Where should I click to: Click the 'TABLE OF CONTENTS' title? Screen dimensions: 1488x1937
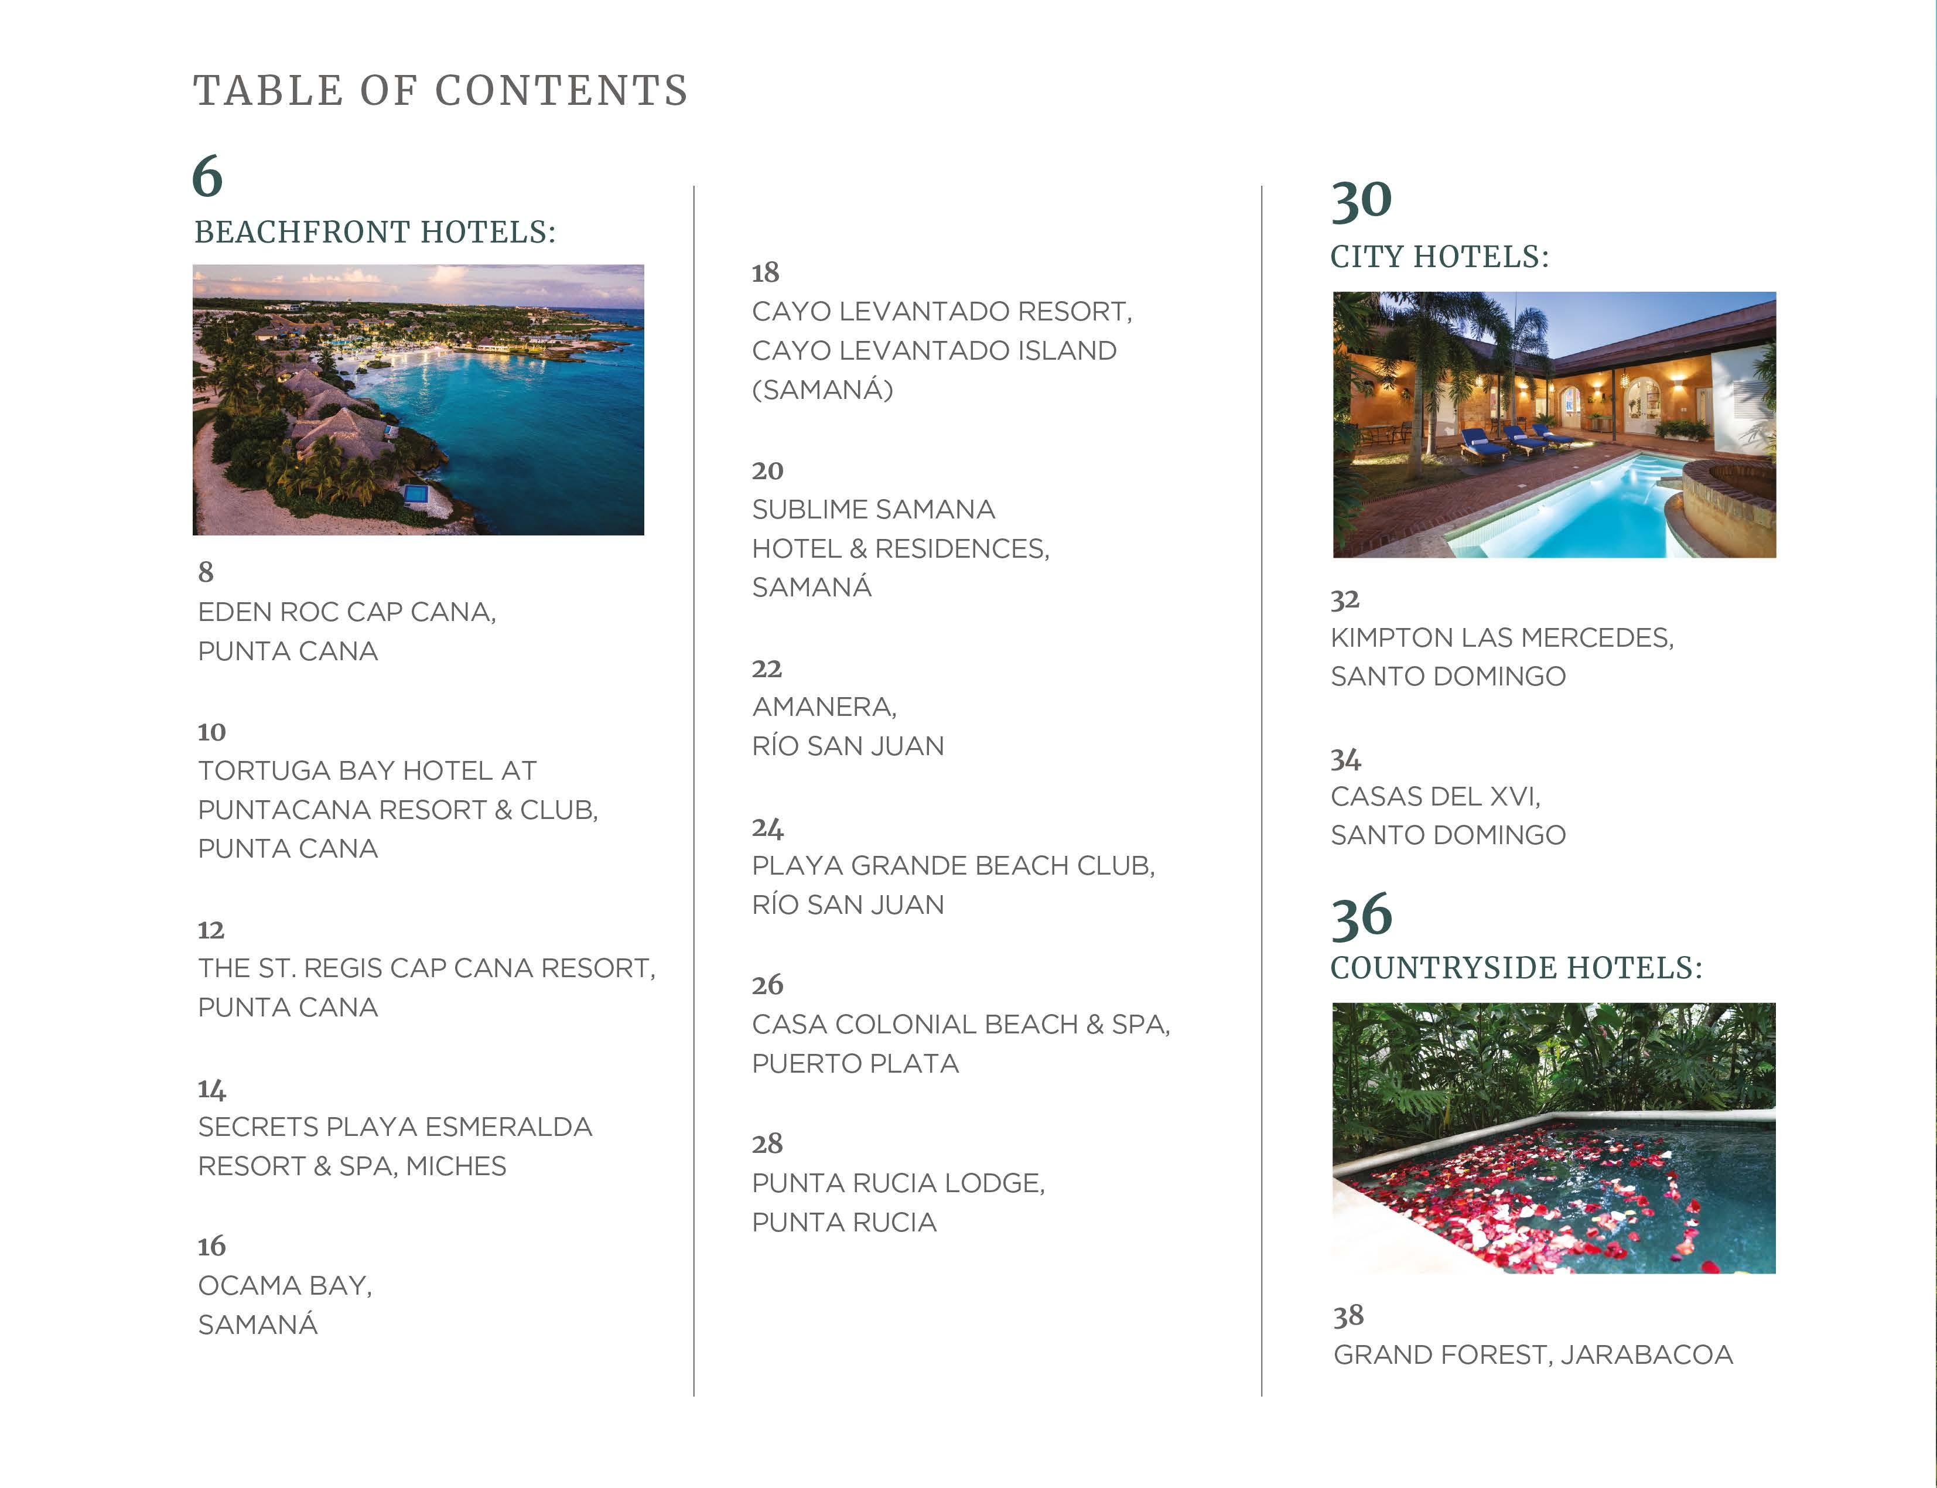pos(440,90)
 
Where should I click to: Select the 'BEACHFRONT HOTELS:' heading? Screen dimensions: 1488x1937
pos(375,232)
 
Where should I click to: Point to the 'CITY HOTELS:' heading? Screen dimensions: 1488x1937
pos(1439,257)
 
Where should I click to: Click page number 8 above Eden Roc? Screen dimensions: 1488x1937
pos(206,572)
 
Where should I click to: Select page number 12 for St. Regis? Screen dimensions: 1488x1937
pos(211,930)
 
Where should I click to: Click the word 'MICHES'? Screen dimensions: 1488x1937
pos(456,1166)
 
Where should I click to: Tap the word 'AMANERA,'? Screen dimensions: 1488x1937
pos(824,707)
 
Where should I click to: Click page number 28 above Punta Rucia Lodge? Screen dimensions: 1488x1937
pos(767,1144)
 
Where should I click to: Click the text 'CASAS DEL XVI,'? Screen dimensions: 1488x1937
pos(1435,796)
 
